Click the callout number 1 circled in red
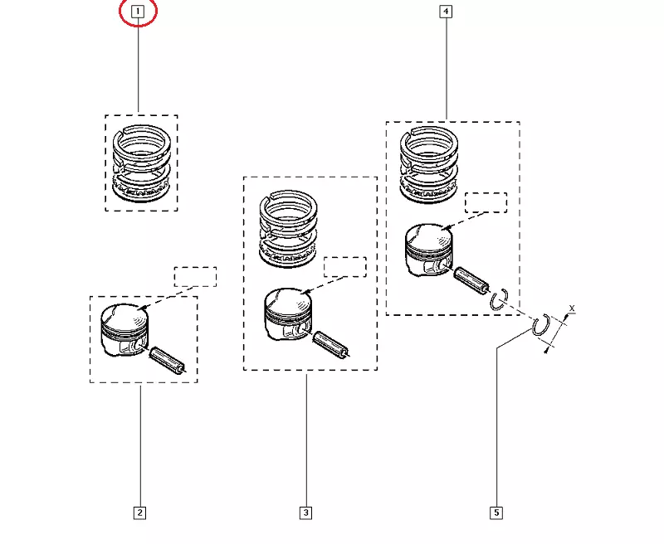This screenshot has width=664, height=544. point(138,12)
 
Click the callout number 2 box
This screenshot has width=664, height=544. point(139,512)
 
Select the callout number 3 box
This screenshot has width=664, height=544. point(305,512)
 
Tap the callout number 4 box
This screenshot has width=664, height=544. point(447,12)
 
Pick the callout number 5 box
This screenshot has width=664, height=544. point(496,512)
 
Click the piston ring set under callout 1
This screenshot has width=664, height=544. point(141,163)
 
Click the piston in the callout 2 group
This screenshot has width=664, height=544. point(123,328)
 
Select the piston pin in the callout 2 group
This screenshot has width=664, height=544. point(167,361)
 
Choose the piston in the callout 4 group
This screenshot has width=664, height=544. point(427,250)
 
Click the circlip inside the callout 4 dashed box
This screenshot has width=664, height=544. point(500,299)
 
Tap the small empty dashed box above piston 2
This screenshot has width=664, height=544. point(195,277)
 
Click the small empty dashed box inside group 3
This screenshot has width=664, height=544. point(344,267)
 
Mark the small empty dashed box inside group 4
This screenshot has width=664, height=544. point(486,203)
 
